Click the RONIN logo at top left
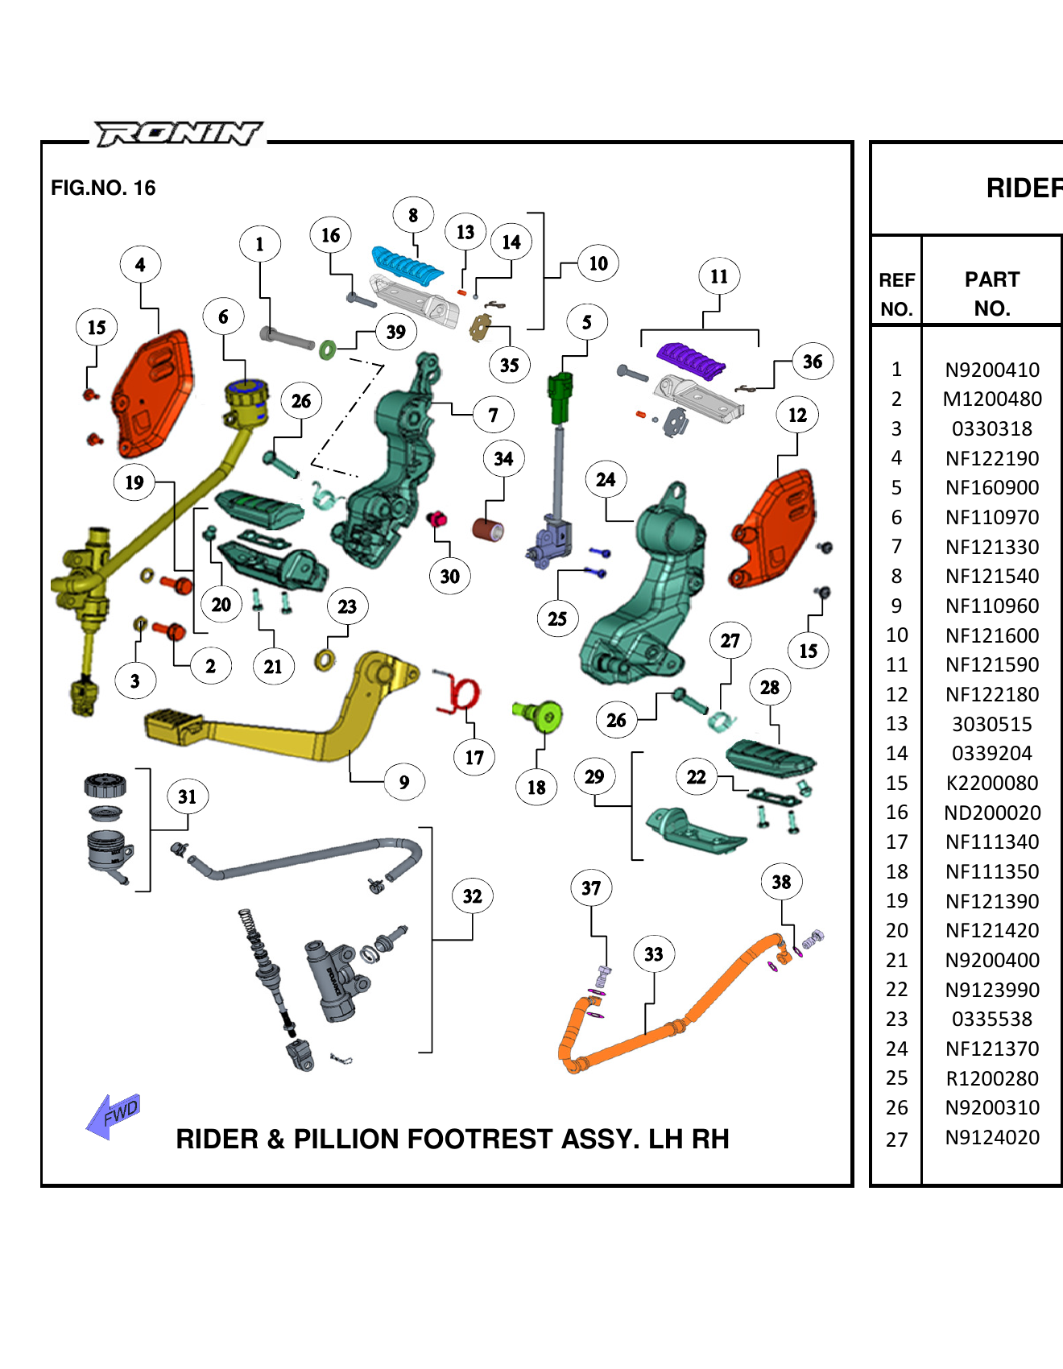point(178,134)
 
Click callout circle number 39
point(395,332)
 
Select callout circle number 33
point(653,954)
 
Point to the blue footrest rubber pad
point(407,265)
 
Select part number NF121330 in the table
point(991,547)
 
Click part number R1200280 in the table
point(991,1078)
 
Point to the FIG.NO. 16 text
point(103,188)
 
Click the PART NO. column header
point(991,294)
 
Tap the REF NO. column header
point(896,294)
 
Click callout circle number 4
point(140,264)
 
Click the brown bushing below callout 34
point(488,530)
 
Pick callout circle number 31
point(187,796)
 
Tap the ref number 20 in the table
point(896,930)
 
